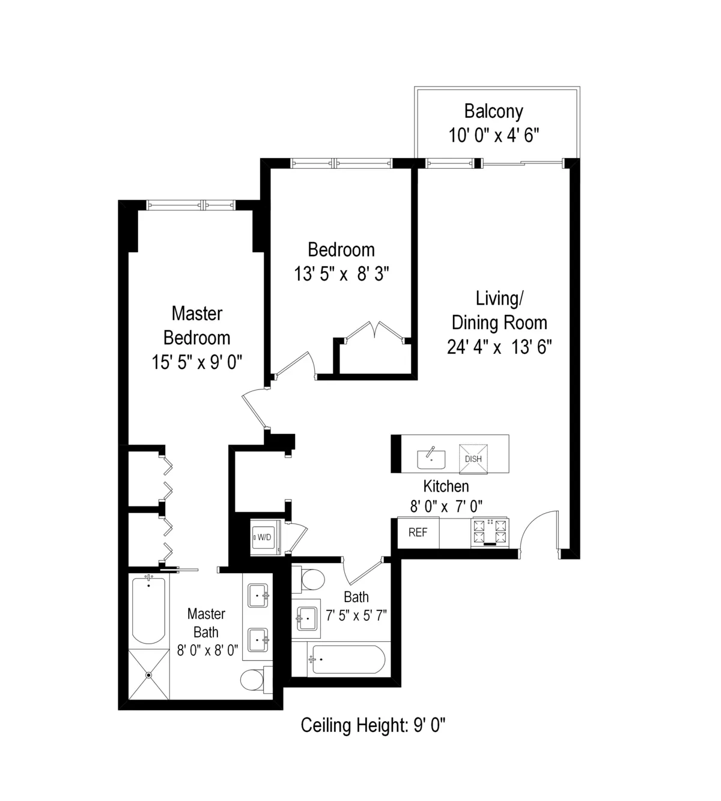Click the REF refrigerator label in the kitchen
coord(418,532)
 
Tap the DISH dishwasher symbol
coord(473,458)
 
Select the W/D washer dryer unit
coord(264,537)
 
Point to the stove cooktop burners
coord(490,531)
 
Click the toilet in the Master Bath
coord(252,680)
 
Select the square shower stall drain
coord(148,674)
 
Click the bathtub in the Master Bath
coord(148,610)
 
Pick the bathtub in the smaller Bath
coord(347,660)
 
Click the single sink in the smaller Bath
coord(307,618)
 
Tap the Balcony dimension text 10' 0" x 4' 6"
coord(493,135)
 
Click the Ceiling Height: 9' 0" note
coord(373,726)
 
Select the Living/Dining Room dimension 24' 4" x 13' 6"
coord(499,347)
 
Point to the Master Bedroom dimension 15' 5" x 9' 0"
coord(197,362)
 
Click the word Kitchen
coord(446,486)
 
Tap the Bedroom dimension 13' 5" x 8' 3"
coord(341,275)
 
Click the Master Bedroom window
coord(192,206)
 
